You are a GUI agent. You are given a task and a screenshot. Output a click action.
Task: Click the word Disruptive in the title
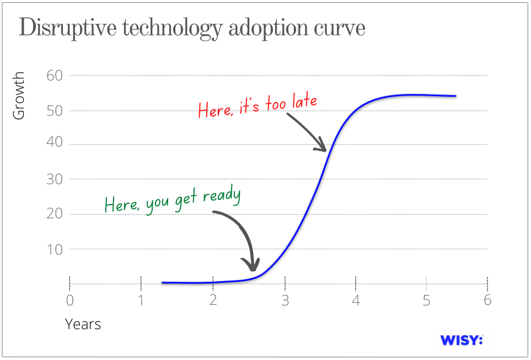click(68, 28)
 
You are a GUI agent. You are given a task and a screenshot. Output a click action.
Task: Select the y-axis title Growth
click(19, 95)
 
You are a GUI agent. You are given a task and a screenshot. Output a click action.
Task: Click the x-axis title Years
click(83, 324)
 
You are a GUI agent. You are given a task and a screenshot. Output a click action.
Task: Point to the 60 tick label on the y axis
click(55, 76)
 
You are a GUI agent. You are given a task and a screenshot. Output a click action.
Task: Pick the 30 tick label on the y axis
click(55, 179)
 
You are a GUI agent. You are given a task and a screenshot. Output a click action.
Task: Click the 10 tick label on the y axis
click(55, 250)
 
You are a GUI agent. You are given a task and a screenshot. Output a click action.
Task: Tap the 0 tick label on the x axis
click(70, 300)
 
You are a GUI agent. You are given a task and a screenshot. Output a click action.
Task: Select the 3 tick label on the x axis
click(285, 300)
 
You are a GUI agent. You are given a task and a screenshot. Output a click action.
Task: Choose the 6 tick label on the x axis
click(487, 300)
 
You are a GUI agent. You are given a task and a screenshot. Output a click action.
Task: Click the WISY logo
click(462, 340)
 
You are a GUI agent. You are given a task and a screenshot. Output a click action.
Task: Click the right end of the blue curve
click(456, 96)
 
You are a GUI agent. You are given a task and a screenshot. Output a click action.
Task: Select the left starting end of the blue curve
click(162, 282)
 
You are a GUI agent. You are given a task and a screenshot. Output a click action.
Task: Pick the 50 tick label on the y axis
click(55, 111)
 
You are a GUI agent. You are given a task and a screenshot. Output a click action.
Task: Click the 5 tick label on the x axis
click(426, 300)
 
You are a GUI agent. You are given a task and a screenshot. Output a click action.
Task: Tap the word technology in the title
click(173, 29)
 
